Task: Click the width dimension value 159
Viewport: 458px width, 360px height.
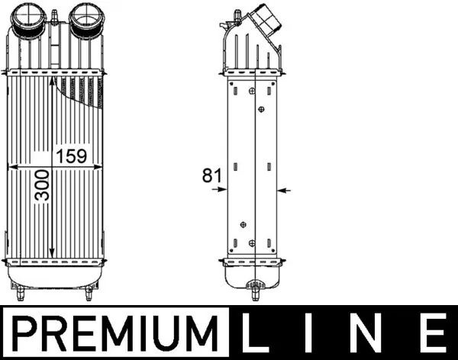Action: point(71,156)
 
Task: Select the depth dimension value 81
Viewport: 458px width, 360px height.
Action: point(211,175)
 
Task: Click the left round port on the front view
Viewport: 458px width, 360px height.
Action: point(29,18)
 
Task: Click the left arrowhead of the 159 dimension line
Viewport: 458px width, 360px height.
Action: point(11,166)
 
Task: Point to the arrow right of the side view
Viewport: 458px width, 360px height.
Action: point(284,189)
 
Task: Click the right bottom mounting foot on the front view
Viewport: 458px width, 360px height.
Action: point(89,292)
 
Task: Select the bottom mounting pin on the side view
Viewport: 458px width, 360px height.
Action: point(254,290)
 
